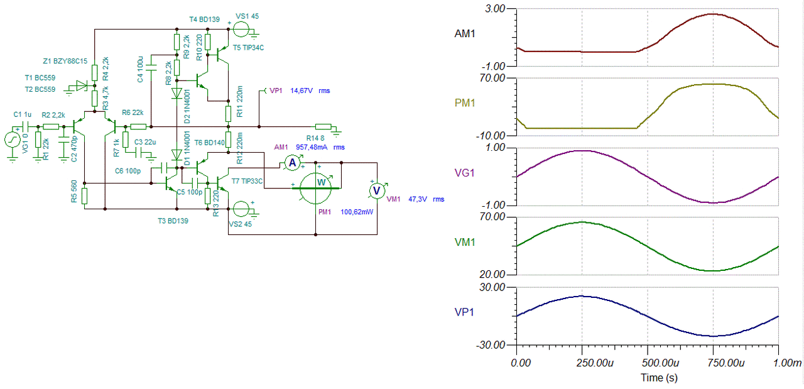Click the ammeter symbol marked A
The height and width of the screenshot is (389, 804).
[x=291, y=163]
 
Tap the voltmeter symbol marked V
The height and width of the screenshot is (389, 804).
[x=376, y=190]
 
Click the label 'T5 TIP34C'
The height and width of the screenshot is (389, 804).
[x=247, y=48]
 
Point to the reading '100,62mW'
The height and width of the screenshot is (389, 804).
[x=357, y=212]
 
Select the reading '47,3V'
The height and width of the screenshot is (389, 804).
[x=416, y=199]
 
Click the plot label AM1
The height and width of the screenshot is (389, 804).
[x=465, y=33]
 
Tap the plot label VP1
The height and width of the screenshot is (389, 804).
[x=465, y=310]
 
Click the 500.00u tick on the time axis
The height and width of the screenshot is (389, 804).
[x=647, y=363]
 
